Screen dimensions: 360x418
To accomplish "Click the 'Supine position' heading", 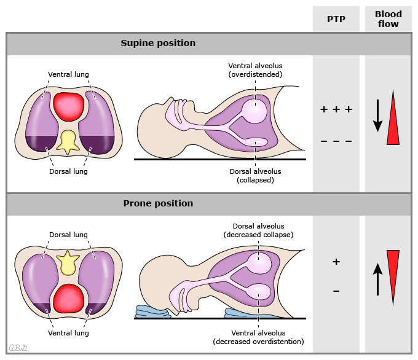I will [158, 44].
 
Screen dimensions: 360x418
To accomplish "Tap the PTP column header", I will [336, 19].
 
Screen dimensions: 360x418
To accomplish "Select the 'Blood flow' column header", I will [388, 19].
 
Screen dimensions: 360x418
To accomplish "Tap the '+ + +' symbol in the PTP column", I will [336, 110].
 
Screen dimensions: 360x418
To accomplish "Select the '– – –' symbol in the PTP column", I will [336, 142].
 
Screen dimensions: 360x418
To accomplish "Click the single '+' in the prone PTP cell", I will [336, 262].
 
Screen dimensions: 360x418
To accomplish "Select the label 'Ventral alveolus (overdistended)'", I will [254, 70].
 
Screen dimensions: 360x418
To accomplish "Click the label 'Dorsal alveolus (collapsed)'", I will [254, 176].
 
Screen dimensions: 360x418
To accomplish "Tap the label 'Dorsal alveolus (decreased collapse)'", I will [258, 230].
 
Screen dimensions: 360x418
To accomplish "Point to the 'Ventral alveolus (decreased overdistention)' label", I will [258, 337].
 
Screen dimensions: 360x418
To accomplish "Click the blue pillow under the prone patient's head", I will [154, 312].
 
